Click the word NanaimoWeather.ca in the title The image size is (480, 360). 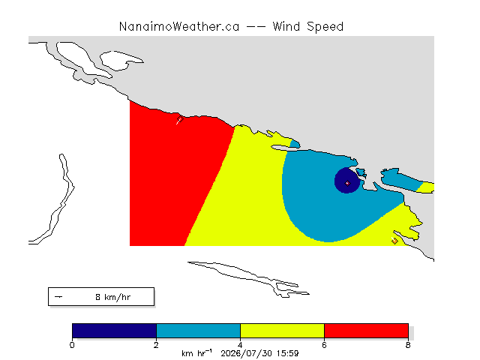point(179,27)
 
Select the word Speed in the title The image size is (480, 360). point(325,27)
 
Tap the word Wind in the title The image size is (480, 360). point(286,27)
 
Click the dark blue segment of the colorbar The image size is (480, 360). point(114,331)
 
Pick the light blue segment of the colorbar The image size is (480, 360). point(198,331)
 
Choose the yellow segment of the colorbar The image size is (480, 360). point(282,331)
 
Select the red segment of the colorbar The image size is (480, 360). point(366,331)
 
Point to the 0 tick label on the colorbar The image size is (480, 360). point(72,345)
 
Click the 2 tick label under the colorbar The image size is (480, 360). point(156,345)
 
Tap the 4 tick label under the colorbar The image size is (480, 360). point(240,345)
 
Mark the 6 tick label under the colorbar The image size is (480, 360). point(324,345)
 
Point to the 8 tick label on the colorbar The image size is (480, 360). point(408,345)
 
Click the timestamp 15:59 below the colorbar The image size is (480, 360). point(287,353)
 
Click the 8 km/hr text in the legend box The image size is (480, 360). point(113,297)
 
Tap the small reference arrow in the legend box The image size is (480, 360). point(58,297)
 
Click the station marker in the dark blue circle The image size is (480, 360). point(347,183)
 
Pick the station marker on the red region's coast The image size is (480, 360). point(180,119)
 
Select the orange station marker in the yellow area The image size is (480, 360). point(394,241)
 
